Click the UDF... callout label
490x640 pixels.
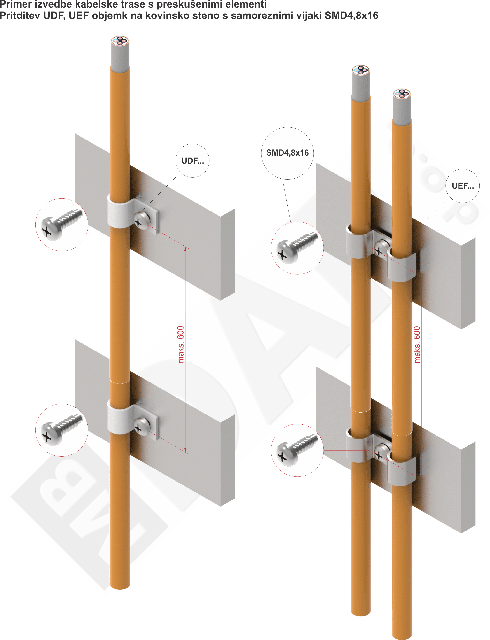tap(192, 161)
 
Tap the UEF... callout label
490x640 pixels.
tap(463, 186)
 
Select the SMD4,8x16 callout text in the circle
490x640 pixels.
tap(287, 153)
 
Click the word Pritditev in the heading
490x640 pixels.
tap(20, 16)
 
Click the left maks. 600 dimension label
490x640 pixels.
tap(181, 344)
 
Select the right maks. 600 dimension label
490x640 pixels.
tap(417, 345)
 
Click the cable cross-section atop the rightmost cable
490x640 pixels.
tap(402, 94)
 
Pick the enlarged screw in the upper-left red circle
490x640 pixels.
tap(61, 225)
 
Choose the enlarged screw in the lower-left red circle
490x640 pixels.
tap(61, 430)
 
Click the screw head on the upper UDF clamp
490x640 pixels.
tap(142, 221)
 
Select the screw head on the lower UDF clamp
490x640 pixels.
tap(142, 426)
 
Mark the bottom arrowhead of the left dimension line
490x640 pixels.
tap(185, 450)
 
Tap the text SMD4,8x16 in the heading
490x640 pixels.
tap(351, 16)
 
